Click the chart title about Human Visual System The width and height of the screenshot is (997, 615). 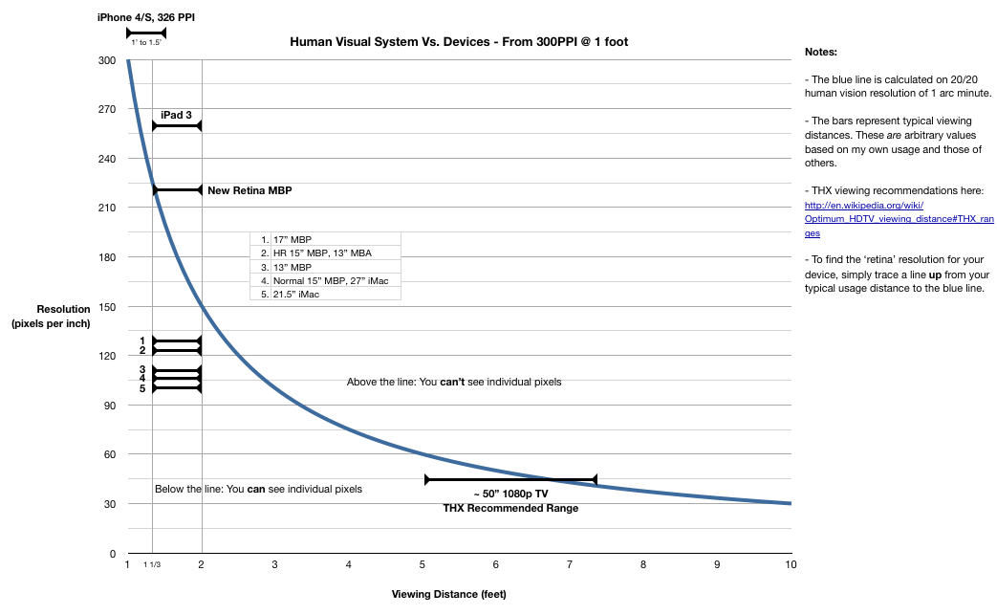coord(459,42)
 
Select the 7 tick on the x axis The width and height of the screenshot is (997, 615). coord(570,565)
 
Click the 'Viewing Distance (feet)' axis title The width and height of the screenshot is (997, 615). coord(448,594)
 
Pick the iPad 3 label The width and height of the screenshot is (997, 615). coord(176,115)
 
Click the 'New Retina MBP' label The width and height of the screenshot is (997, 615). coord(249,190)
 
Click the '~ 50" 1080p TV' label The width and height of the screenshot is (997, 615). coord(510,494)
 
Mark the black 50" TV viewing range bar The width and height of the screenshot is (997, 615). coord(510,479)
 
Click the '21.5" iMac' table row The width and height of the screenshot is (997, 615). coord(296,294)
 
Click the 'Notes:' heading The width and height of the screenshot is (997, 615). coord(821,53)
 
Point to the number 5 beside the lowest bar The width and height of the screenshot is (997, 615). coord(141,388)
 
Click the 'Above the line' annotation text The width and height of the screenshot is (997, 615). coord(454,382)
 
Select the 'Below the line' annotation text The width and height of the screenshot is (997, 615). coord(258,489)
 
